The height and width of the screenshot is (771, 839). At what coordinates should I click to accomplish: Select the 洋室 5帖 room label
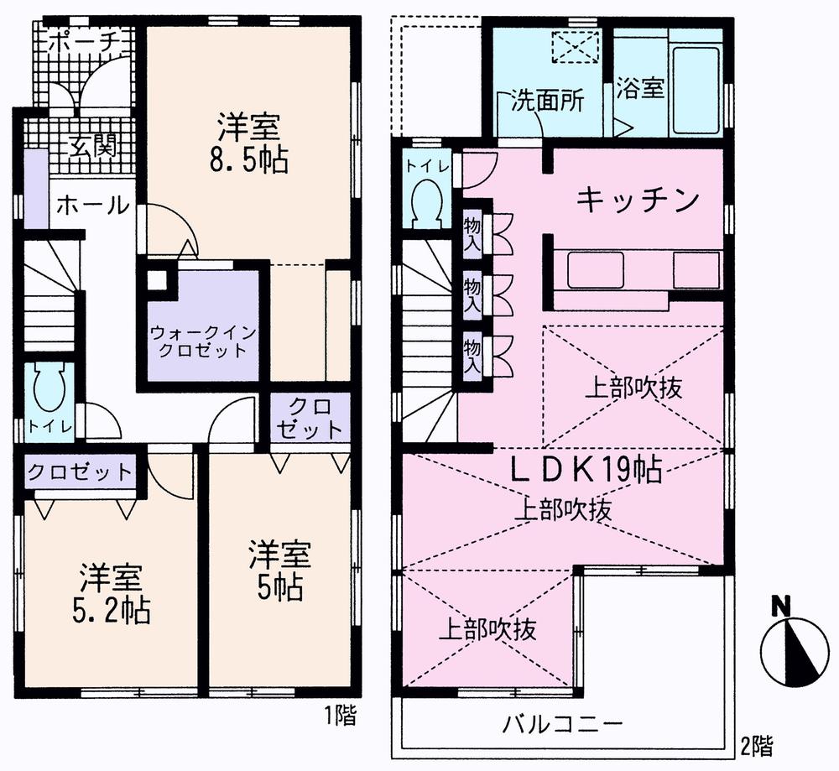279,571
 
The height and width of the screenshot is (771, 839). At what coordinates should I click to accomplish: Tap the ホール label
93,204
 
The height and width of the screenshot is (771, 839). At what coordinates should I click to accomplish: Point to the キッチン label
638,200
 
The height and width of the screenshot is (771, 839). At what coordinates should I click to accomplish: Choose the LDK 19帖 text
586,471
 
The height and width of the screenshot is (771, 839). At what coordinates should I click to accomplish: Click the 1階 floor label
340,716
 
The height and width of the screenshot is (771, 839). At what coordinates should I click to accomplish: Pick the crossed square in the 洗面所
574,47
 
